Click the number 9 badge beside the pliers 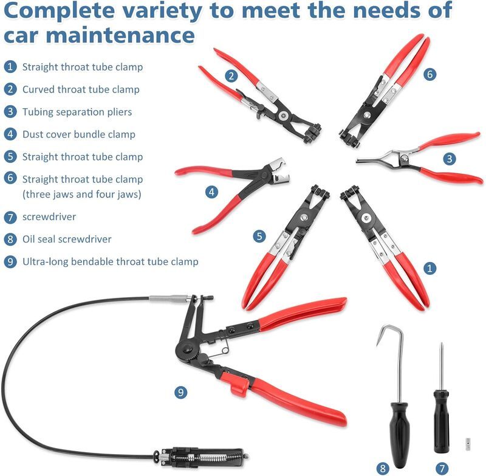[180, 392]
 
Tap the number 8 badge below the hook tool [383, 468]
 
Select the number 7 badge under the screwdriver [442, 468]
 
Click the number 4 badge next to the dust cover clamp [211, 192]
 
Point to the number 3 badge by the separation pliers [450, 159]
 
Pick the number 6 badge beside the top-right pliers [430, 74]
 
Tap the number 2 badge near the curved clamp [231, 76]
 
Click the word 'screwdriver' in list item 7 [49, 216]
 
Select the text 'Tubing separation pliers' [77, 112]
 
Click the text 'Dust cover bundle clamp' [79, 134]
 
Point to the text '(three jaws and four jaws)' [82, 194]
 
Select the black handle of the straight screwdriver [442, 421]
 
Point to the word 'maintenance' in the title [120, 35]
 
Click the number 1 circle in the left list [10, 67]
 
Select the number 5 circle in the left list [10, 156]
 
